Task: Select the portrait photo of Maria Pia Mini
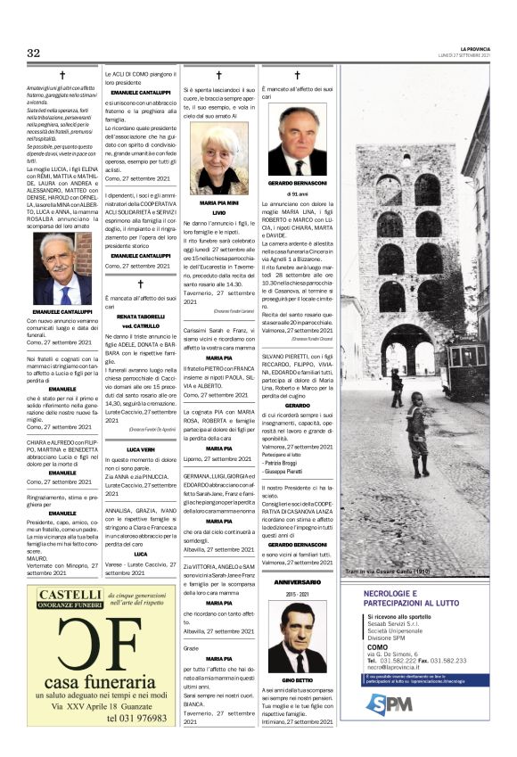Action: point(217,158)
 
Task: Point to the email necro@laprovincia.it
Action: point(398,666)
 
